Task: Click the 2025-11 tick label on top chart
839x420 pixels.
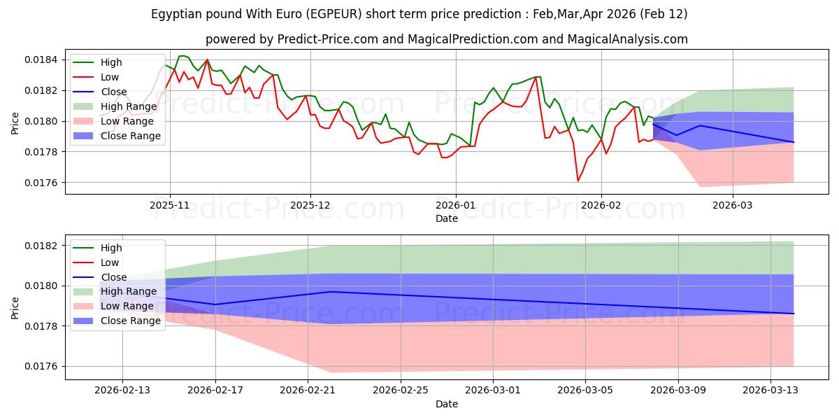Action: click(169, 206)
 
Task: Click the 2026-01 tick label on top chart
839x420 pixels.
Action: click(456, 206)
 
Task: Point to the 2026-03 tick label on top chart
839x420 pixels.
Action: click(733, 206)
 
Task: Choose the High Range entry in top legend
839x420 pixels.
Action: click(131, 106)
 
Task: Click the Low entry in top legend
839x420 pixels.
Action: click(110, 77)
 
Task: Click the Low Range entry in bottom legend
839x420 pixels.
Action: click(129, 306)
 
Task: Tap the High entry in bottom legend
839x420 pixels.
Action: click(111, 248)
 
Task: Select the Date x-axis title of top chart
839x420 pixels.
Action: click(447, 218)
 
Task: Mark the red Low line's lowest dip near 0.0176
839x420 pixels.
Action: click(578, 181)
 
